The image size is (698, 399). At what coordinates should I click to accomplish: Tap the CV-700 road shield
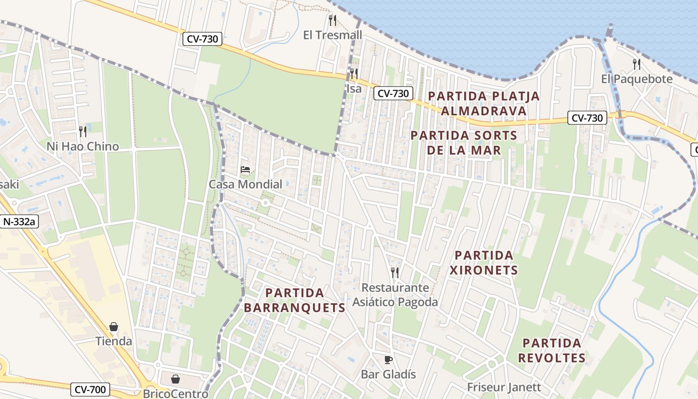coord(90,389)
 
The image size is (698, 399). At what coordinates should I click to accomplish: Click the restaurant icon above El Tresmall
coord(333,20)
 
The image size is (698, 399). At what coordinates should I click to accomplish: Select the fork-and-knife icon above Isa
coord(353,74)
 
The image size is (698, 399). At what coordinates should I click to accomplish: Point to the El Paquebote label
coord(637,79)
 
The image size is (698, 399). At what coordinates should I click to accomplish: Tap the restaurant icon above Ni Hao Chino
coord(83,132)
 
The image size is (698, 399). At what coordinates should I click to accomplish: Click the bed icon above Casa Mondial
coord(245,170)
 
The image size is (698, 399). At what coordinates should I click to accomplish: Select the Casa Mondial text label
coord(245,184)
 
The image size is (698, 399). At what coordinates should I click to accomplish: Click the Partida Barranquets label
coord(295,300)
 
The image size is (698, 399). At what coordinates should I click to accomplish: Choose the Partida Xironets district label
coord(484,263)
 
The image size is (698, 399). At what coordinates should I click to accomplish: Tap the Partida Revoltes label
coord(551,350)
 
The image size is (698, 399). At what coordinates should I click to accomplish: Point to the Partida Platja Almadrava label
coord(484,103)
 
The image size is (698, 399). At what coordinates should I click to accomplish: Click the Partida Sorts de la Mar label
coord(464,143)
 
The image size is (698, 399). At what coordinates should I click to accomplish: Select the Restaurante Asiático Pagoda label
coord(395,295)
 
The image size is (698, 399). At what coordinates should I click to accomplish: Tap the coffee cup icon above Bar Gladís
coord(388,360)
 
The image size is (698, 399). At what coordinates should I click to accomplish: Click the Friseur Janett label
coord(504,387)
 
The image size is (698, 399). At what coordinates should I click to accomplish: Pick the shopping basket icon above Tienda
coord(114,327)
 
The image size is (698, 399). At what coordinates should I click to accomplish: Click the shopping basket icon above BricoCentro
coord(175,380)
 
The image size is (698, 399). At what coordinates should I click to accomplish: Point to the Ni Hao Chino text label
coord(83,146)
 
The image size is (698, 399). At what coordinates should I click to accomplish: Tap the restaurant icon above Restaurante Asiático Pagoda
coord(395,272)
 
